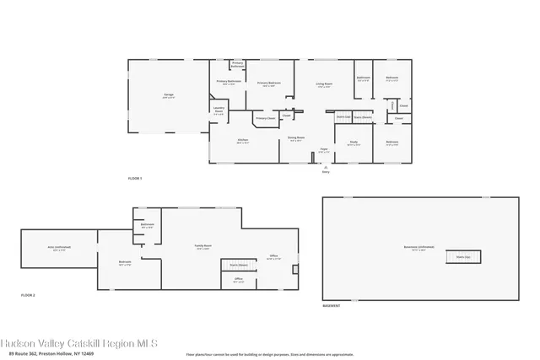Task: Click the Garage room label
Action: [x=168, y=97]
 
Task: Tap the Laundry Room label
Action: [x=218, y=111]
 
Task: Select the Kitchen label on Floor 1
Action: [x=242, y=140]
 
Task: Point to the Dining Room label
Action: [x=296, y=139]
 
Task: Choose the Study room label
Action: [x=354, y=142]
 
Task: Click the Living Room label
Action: [x=324, y=84]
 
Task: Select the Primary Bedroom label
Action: [x=269, y=83]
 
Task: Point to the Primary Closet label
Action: [x=266, y=119]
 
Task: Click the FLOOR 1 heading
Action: [x=135, y=179]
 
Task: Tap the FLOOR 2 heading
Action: [x=29, y=294]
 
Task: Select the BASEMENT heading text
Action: [x=332, y=306]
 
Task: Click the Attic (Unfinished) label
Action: [x=58, y=249]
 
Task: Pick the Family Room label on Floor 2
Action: [x=203, y=247]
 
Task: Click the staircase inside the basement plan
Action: [x=462, y=256]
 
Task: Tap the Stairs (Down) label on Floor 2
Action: [x=239, y=265]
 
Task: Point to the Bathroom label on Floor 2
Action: [x=147, y=226]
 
